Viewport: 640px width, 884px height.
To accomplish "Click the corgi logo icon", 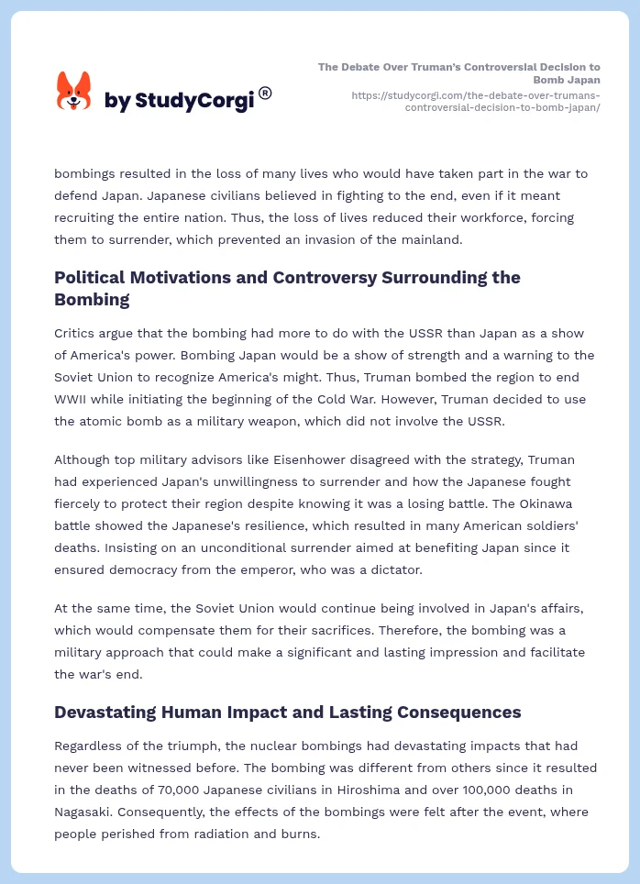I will (x=74, y=91).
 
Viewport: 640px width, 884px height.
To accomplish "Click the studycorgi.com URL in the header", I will (x=475, y=101).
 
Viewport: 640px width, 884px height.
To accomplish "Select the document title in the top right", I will (x=459, y=72).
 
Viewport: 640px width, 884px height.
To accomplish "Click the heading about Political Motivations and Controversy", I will (x=287, y=288).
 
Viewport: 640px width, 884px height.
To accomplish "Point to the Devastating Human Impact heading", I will (x=287, y=712).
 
